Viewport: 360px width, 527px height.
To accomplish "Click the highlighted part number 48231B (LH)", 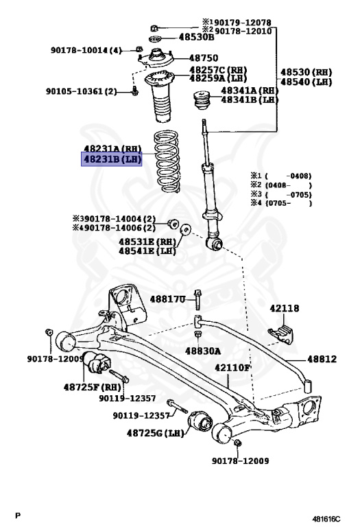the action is pyautogui.click(x=112, y=159).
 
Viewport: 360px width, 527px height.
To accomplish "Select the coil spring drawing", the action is pyautogui.click(x=167, y=161).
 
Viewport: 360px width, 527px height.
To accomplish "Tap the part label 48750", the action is pyautogui.click(x=204, y=58).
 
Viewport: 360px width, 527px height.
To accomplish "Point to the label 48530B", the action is pyautogui.click(x=196, y=37).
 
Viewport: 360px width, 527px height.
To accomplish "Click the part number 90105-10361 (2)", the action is pyautogui.click(x=82, y=91).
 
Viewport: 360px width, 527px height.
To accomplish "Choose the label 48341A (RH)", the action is pyautogui.click(x=250, y=91).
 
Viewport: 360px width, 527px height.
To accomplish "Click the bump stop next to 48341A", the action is pyautogui.click(x=202, y=99).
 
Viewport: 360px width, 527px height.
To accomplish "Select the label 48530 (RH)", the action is pyautogui.click(x=306, y=72).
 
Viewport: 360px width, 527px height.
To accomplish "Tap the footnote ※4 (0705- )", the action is pyautogui.click(x=281, y=203).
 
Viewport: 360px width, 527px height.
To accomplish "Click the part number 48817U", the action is pyautogui.click(x=167, y=298).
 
